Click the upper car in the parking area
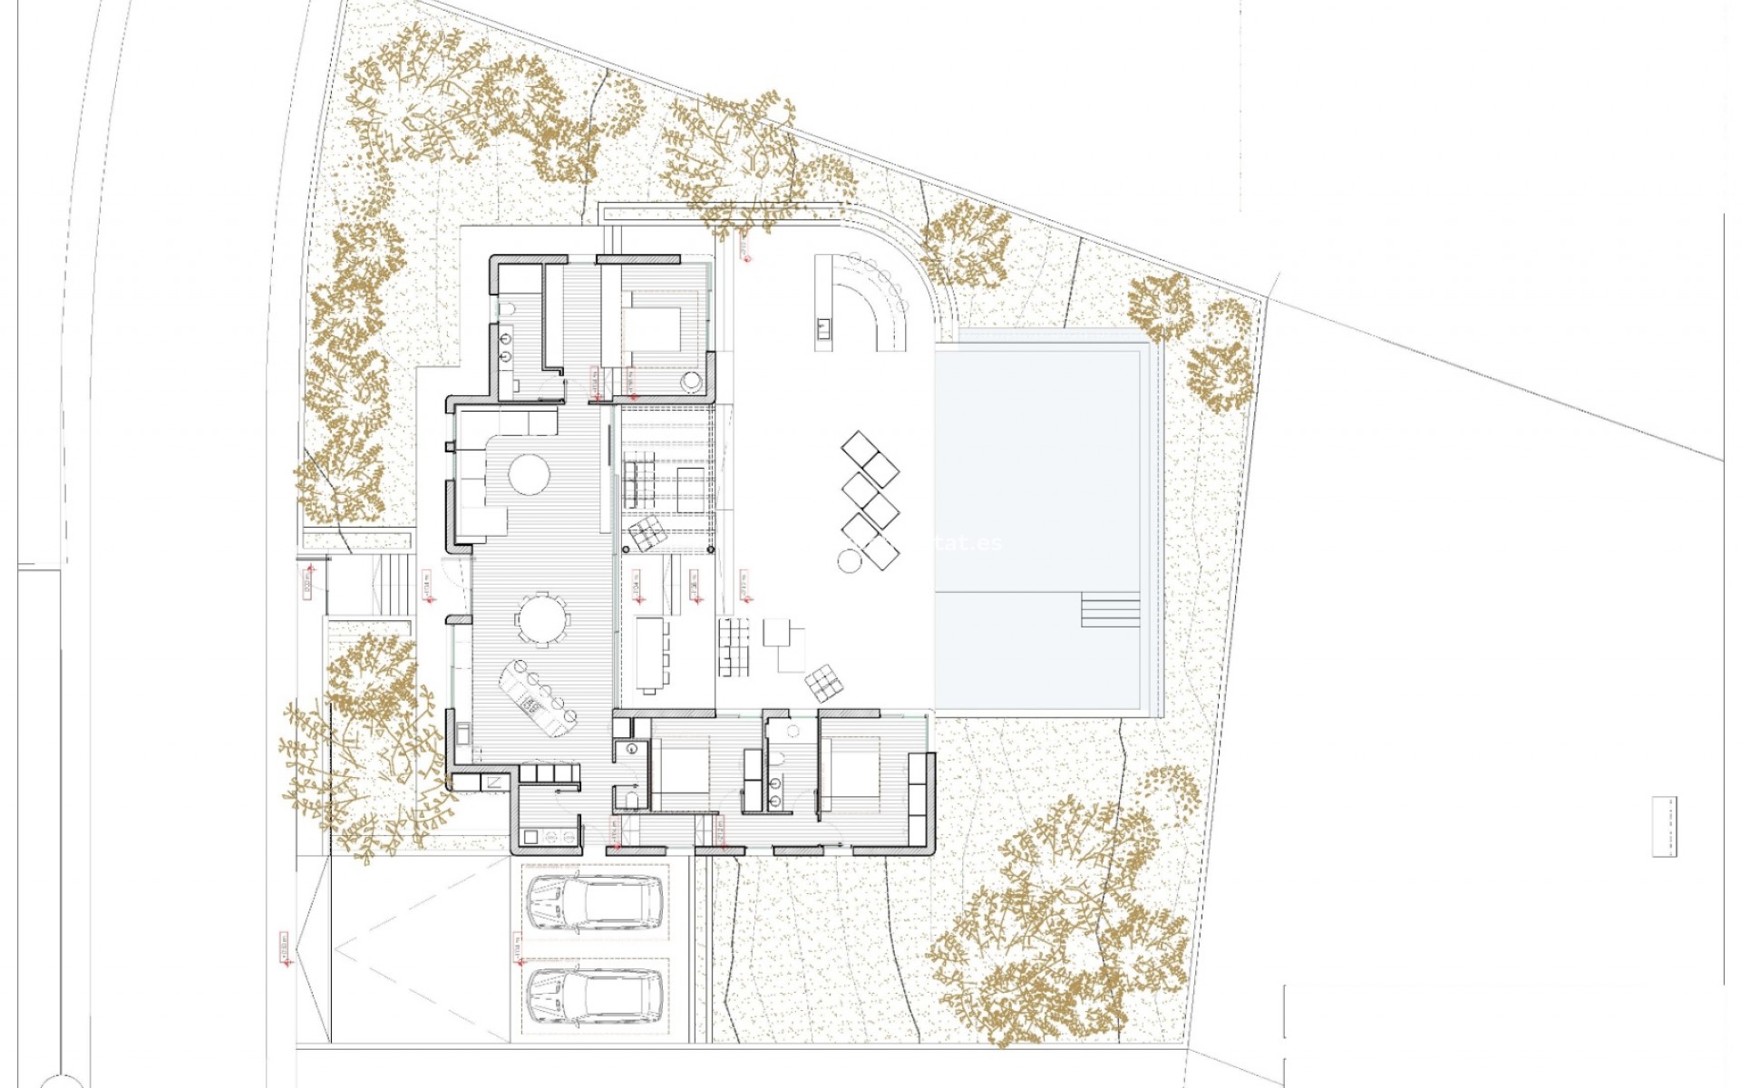click(595, 904)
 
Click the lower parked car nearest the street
click(595, 995)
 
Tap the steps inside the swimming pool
click(1110, 609)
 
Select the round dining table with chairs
click(542, 620)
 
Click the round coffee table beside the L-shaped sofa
click(529, 473)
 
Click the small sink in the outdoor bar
click(823, 328)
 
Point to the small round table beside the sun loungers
click(850, 561)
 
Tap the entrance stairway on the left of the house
click(394, 584)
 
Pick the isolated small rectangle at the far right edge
click(1664, 826)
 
